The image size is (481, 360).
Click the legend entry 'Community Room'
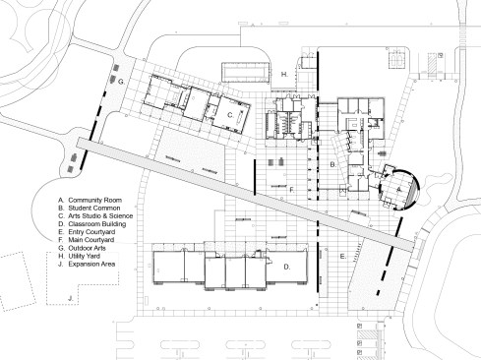pyautogui.click(x=94, y=200)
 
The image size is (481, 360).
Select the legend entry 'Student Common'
pyautogui.click(x=94, y=209)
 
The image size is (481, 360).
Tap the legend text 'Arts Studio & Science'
pyautogui.click(x=100, y=216)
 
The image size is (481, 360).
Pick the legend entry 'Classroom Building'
pyautogui.click(x=97, y=224)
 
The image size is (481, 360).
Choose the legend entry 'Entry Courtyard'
pyautogui.click(x=91, y=232)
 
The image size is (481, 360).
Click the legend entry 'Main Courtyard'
pyautogui.click(x=91, y=240)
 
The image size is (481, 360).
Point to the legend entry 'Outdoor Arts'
pyautogui.click(x=87, y=248)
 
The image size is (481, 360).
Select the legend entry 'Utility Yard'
pyautogui.click(x=85, y=256)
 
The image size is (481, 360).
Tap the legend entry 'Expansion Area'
pyautogui.click(x=91, y=264)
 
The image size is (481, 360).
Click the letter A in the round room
pyautogui.click(x=398, y=189)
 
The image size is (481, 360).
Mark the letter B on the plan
pyautogui.click(x=332, y=164)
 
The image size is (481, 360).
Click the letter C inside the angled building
pyautogui.click(x=230, y=115)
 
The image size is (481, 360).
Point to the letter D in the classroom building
pyautogui.click(x=287, y=267)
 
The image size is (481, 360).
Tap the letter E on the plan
pyautogui.click(x=342, y=257)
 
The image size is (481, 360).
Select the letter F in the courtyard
pyautogui.click(x=292, y=190)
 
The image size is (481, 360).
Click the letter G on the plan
pyautogui.click(x=121, y=82)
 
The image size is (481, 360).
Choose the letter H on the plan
pyautogui.click(x=284, y=75)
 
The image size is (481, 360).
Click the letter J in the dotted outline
pyautogui.click(x=70, y=298)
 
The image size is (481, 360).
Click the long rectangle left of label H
pyautogui.click(x=246, y=73)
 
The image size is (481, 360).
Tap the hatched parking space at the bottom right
pyautogui.click(x=366, y=334)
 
